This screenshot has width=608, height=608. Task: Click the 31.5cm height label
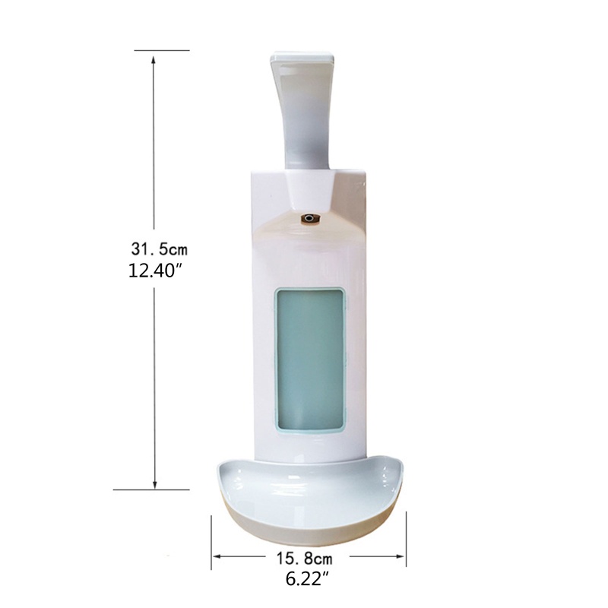pyautogui.click(x=158, y=249)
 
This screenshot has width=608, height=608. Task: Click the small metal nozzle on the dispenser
pyautogui.click(x=310, y=219)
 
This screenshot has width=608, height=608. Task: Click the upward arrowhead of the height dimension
pyautogui.click(x=156, y=62)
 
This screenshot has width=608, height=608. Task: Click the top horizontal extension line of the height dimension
pyautogui.click(x=161, y=50)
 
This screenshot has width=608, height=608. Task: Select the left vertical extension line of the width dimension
pyautogui.click(x=211, y=540)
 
